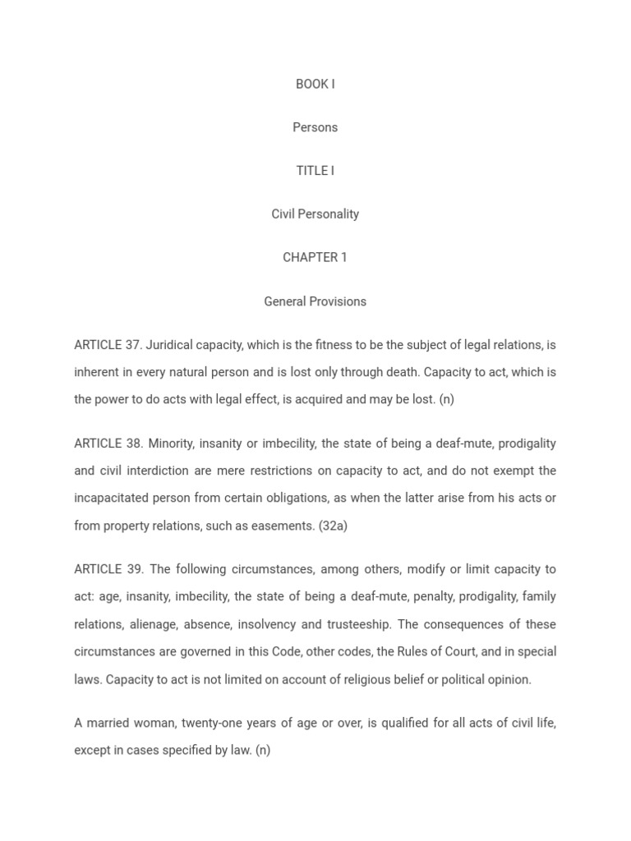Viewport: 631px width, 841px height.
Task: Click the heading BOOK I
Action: point(315,84)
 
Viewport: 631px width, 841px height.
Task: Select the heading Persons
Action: point(315,127)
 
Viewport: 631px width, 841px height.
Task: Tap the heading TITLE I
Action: point(315,171)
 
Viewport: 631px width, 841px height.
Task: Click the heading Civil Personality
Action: point(315,214)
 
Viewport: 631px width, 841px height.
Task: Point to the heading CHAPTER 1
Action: point(315,258)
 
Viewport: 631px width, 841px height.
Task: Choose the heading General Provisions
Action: point(315,301)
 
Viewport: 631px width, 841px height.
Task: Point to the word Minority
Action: point(171,443)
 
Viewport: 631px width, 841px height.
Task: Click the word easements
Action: point(287,526)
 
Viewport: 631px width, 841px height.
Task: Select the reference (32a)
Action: point(333,526)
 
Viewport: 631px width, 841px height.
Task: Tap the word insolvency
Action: point(267,624)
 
